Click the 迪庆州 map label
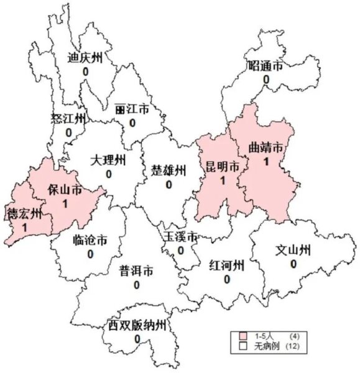pyautogui.click(x=85, y=58)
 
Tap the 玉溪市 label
pyautogui.click(x=180, y=237)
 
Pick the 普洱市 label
pyautogui.click(x=136, y=271)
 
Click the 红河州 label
pyautogui.click(x=226, y=266)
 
